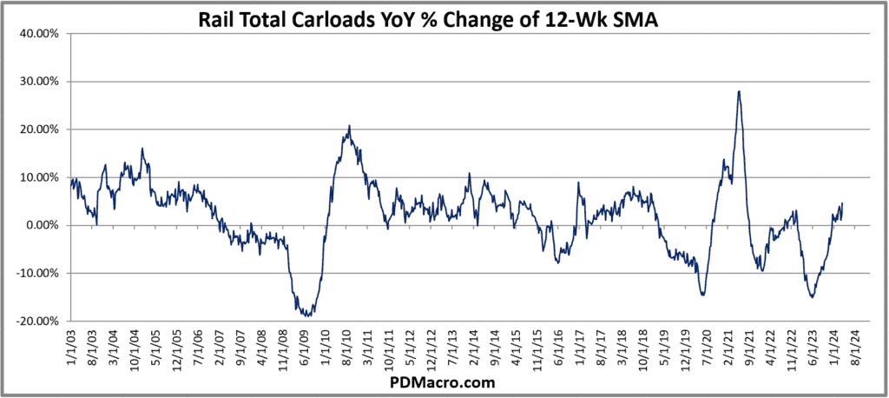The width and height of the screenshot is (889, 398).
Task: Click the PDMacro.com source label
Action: pyautogui.click(x=444, y=381)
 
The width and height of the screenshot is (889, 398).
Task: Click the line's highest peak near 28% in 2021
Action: pyautogui.click(x=738, y=91)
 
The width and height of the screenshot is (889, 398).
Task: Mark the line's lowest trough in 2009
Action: pyautogui.click(x=306, y=315)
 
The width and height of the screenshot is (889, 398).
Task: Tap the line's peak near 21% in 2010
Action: pyautogui.click(x=349, y=126)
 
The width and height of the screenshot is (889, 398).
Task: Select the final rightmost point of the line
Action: pyautogui.click(x=842, y=204)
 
